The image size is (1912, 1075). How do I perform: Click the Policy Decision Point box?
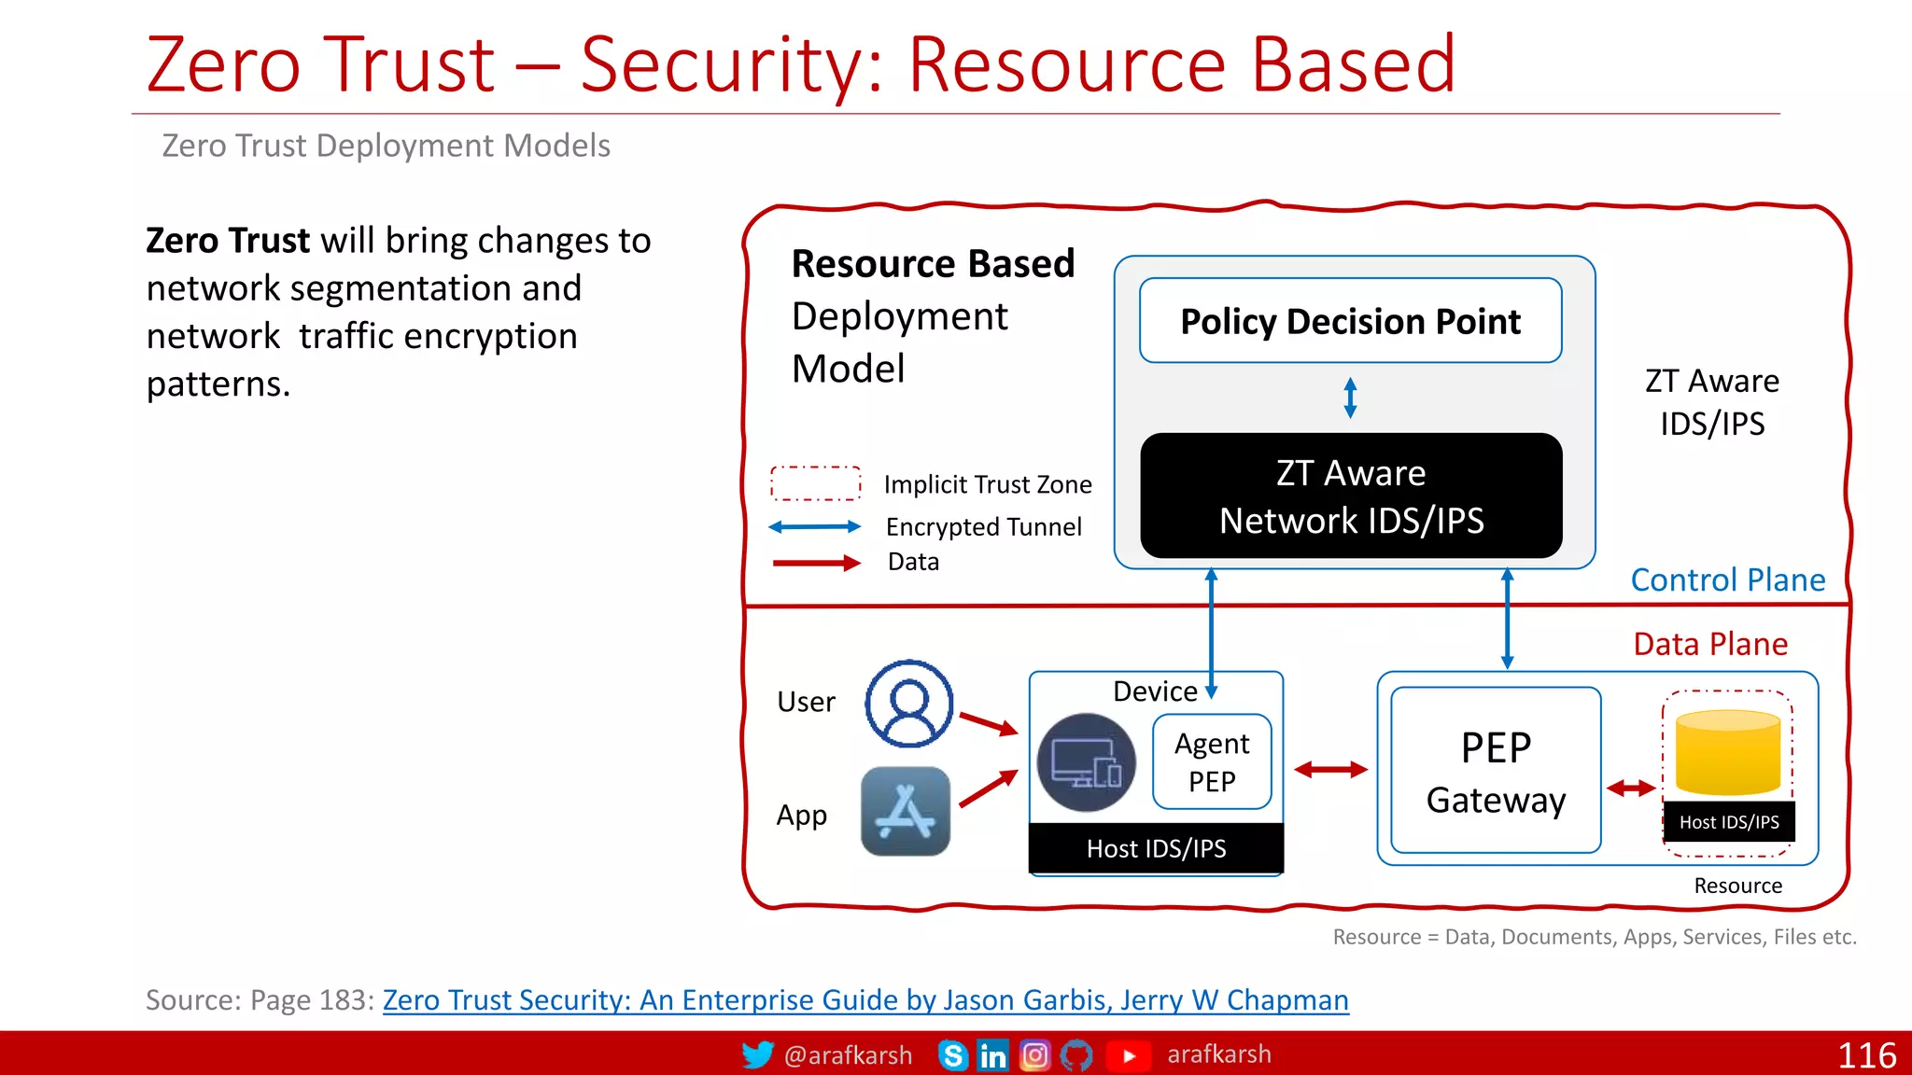tap(1350, 320)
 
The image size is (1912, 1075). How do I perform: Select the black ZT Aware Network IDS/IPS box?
tap(1350, 496)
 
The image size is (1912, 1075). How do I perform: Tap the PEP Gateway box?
tap(1496, 771)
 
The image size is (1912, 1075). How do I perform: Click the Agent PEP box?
tap(1212, 761)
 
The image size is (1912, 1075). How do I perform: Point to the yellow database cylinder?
tap(1728, 752)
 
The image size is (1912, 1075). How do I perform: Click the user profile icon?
tap(908, 704)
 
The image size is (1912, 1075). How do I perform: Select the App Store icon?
tap(905, 812)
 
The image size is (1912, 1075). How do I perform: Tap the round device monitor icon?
tap(1086, 762)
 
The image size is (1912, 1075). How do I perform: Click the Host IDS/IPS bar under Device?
tap(1156, 848)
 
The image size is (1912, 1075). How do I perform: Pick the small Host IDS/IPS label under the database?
tap(1729, 822)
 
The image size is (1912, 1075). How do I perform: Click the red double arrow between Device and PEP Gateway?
tap(1330, 770)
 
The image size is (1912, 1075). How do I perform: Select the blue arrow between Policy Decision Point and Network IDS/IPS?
tap(1350, 398)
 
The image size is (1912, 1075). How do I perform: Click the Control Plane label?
tap(1727, 580)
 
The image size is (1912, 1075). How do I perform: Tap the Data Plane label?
tap(1710, 644)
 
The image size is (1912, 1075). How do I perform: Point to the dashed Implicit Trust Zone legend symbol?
tap(815, 483)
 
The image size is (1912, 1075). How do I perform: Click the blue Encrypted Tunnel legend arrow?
tap(814, 527)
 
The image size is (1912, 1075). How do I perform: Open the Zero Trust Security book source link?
tap(865, 1000)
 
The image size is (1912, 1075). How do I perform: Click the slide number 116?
tap(1866, 1055)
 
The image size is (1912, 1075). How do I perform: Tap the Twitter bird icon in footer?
tap(757, 1054)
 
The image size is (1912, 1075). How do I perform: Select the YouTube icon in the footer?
tap(1128, 1055)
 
